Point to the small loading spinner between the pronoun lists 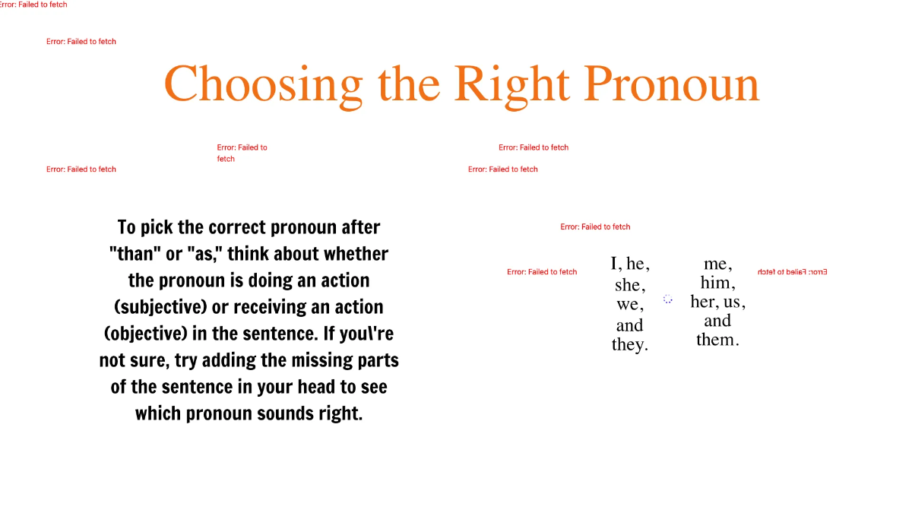click(668, 299)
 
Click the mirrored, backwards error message click(792, 272)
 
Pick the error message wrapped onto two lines click(242, 153)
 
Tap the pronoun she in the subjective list click(628, 285)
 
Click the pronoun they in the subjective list click(629, 345)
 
